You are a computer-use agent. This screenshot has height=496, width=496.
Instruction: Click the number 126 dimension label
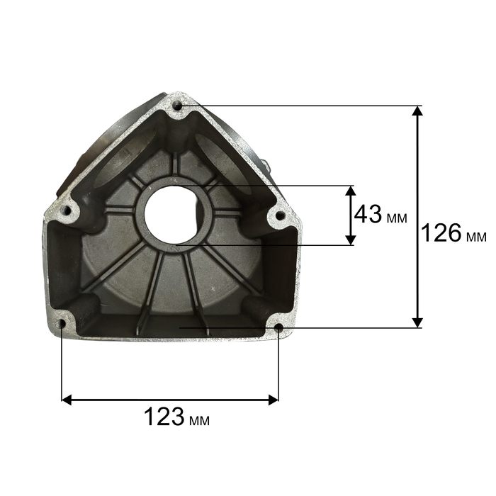pos(441,233)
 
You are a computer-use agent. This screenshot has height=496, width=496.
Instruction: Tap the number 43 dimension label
pos(368,214)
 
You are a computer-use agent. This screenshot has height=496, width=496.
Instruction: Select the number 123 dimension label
pos(164,417)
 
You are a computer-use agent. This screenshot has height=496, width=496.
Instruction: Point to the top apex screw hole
pos(178,106)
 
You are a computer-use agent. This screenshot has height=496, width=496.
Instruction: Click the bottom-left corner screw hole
pos(62,324)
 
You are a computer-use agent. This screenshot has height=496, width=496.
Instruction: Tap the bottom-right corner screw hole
pos(278,327)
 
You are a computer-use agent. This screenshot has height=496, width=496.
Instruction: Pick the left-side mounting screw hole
pos(67,210)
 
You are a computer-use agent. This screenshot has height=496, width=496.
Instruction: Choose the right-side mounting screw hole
pos(280,215)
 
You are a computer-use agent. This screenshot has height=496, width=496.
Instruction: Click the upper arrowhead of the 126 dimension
pos(418,111)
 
